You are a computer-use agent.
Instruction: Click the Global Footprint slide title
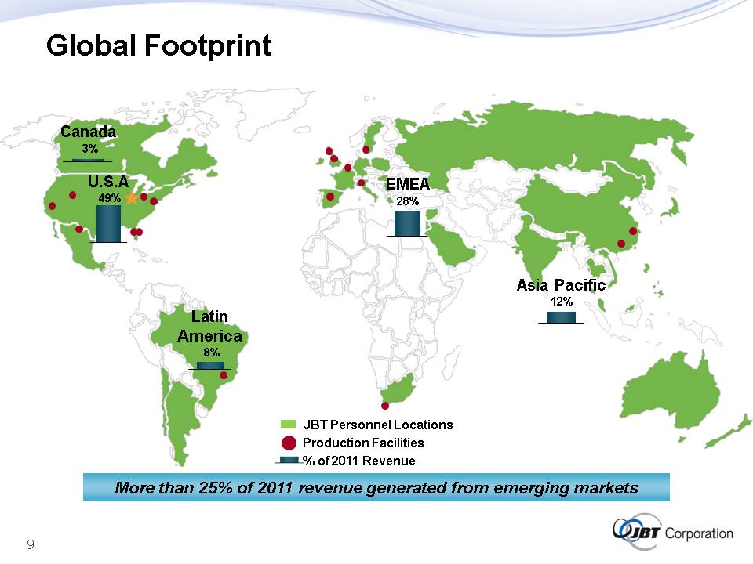tap(159, 46)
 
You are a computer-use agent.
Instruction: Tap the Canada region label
tap(89, 132)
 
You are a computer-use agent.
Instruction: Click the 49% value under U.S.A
tap(110, 198)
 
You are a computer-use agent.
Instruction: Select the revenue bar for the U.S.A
tap(108, 223)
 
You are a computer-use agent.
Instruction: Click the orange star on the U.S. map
tap(132, 197)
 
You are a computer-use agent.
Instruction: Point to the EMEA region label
tap(408, 184)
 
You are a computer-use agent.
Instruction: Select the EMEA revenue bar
tap(407, 223)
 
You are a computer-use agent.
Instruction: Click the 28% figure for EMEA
tap(408, 201)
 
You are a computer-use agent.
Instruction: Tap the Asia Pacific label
tap(561, 285)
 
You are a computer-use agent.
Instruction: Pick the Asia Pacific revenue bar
tap(561, 317)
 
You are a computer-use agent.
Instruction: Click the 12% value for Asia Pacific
tap(562, 301)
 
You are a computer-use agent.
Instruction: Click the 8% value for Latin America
tap(211, 352)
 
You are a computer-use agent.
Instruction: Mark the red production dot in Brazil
tap(224, 375)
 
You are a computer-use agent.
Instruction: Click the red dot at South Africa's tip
tap(384, 406)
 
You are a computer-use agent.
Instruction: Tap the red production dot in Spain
tap(330, 197)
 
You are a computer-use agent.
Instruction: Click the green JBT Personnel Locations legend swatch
tap(288, 425)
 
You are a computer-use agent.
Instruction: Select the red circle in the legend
tap(289, 443)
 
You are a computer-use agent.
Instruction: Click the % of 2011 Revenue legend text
tap(359, 461)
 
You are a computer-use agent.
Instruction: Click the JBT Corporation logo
tap(672, 532)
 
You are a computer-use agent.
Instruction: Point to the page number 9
tap(31, 544)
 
